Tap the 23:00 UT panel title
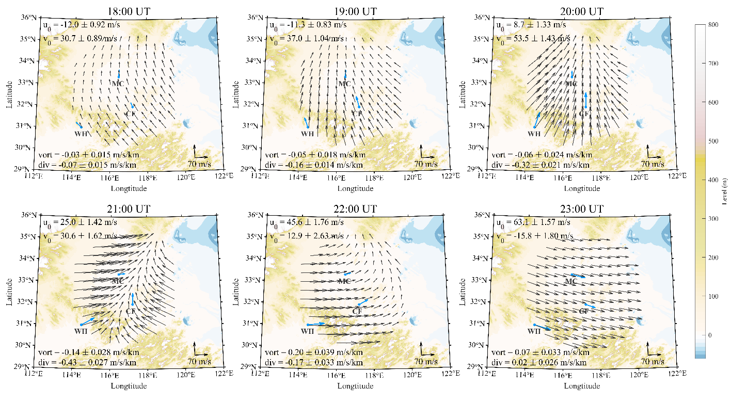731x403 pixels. (582, 209)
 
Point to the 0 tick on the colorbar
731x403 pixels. (711, 335)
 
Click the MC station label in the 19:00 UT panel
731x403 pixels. (344, 84)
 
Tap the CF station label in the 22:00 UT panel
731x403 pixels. (357, 311)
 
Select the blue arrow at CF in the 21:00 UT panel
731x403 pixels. (133, 300)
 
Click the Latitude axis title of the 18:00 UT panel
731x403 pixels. (10, 93)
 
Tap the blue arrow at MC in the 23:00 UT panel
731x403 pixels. (578, 276)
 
